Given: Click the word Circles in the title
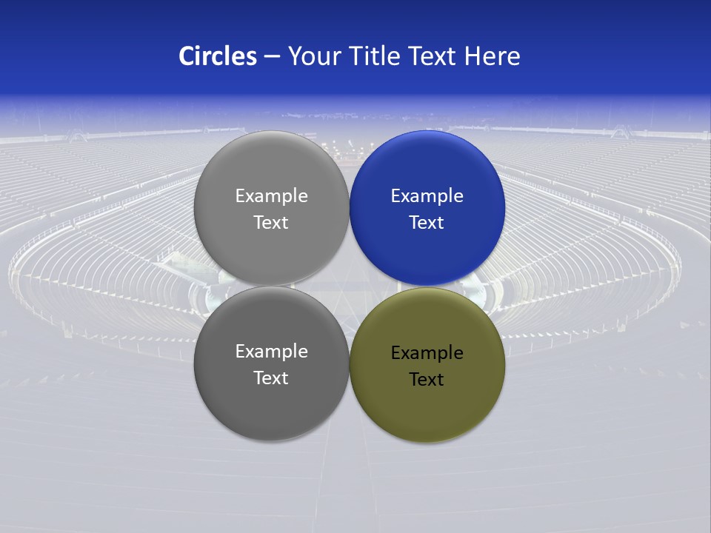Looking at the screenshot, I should [x=218, y=56].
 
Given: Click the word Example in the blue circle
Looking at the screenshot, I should [x=427, y=196].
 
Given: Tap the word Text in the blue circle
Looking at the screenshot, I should [x=427, y=223].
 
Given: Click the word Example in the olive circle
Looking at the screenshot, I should [x=427, y=353].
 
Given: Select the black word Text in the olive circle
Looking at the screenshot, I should [x=427, y=380].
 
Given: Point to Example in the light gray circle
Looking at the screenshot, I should [x=271, y=196].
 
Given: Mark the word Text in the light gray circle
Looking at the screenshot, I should [x=271, y=223].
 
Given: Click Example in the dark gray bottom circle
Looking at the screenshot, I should [x=271, y=352].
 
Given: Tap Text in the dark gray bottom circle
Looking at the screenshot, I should [x=271, y=378].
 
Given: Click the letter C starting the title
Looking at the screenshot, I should [x=187, y=56].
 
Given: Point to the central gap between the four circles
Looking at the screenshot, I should [x=350, y=286].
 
